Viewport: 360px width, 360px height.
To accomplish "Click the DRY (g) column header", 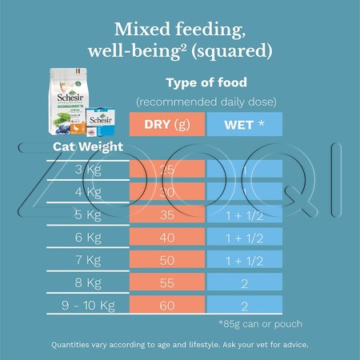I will point(167,126).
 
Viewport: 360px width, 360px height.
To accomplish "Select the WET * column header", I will point(245,126).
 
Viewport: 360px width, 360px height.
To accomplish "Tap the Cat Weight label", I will point(88,146).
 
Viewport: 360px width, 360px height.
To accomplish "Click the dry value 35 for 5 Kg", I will point(167,214).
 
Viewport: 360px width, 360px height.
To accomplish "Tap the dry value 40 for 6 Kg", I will point(167,237).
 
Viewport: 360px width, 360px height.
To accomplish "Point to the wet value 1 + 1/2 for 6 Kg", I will point(245,237).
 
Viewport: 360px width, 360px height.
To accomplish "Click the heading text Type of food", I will point(205,83).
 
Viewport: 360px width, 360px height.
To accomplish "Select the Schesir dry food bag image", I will point(70,102).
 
